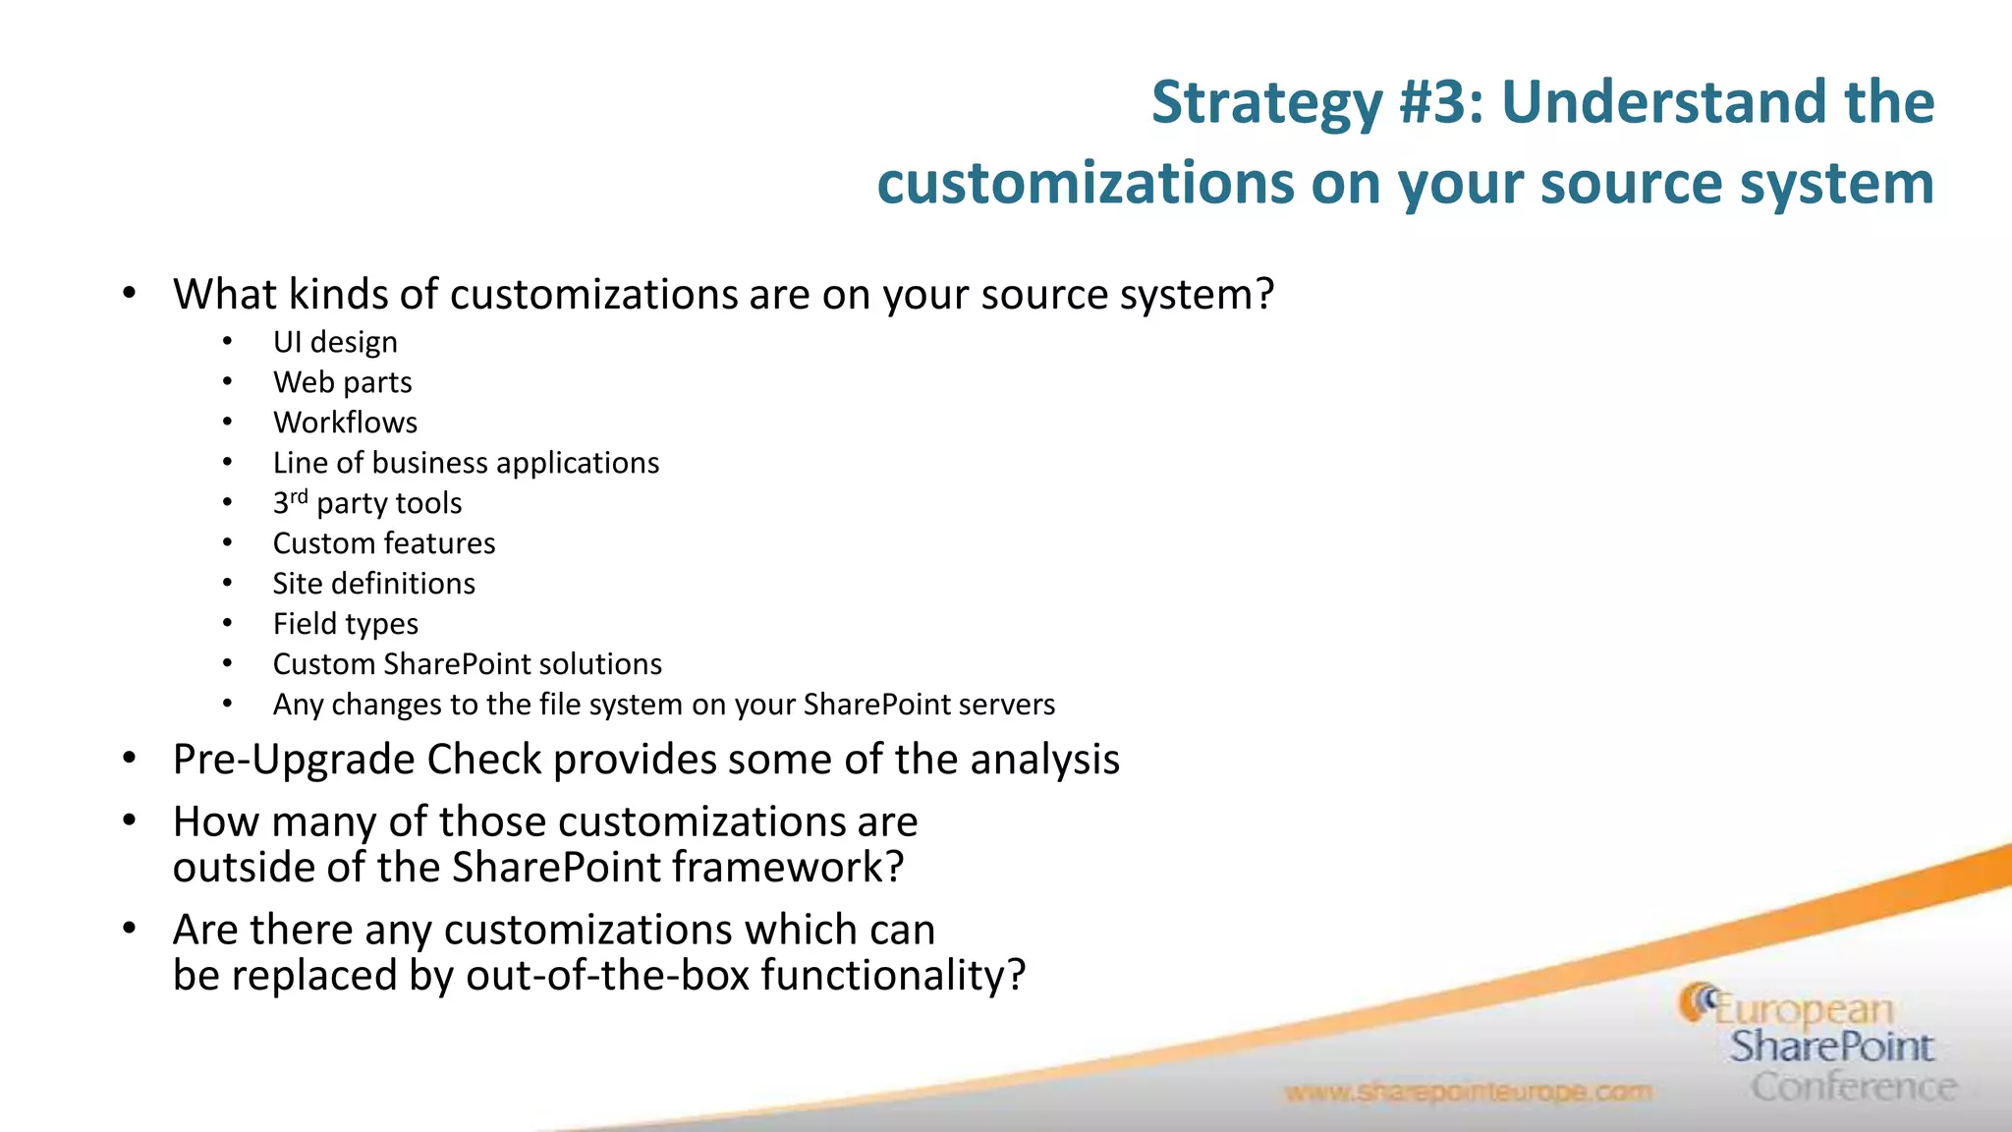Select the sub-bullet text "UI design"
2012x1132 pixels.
click(x=335, y=342)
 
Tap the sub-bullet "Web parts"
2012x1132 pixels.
click(x=342, y=382)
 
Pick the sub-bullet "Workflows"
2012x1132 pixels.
click(x=345, y=423)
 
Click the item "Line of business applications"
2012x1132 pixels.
click(x=466, y=463)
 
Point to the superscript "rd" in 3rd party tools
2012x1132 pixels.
click(x=299, y=496)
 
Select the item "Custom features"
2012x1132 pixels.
click(x=384, y=543)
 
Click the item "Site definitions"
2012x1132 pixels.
click(x=373, y=584)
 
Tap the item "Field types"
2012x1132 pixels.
click(x=346, y=624)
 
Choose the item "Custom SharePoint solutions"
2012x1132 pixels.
click(x=467, y=664)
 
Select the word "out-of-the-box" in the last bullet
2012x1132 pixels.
click(x=607, y=976)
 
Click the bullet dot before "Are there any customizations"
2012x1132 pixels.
click(x=129, y=929)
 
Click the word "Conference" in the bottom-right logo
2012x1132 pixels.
click(x=1853, y=1087)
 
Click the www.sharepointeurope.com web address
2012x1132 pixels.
click(x=1468, y=1092)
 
